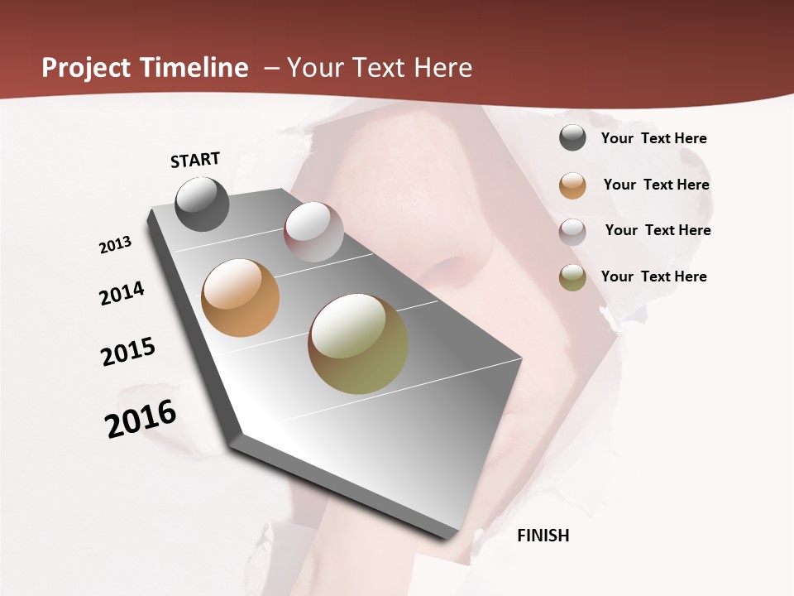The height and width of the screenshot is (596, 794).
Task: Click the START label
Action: (195, 160)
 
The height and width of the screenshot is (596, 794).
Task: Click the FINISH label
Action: (543, 536)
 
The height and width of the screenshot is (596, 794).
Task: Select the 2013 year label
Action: (116, 245)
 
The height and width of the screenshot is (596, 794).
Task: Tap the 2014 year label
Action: (122, 293)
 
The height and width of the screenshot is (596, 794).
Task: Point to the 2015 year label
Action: (128, 352)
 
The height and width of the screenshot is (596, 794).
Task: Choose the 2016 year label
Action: (141, 419)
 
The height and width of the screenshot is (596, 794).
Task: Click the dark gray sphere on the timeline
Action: (202, 204)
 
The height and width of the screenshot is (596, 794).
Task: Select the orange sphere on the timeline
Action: (240, 298)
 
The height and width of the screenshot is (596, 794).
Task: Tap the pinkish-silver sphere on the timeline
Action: (313, 232)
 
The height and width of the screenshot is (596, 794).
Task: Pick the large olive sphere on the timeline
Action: (358, 344)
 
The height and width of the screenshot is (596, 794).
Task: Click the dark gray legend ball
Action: (572, 137)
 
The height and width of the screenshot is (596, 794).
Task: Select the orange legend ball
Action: (572, 185)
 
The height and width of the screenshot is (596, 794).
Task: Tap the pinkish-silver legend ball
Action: (572, 232)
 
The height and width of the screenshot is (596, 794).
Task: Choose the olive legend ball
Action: (572, 277)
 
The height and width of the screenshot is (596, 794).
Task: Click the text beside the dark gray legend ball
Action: (653, 138)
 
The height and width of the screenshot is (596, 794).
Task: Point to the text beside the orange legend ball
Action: (656, 185)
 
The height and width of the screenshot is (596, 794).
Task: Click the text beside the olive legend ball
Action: (653, 276)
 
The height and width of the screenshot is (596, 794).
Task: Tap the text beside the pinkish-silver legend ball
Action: (658, 230)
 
